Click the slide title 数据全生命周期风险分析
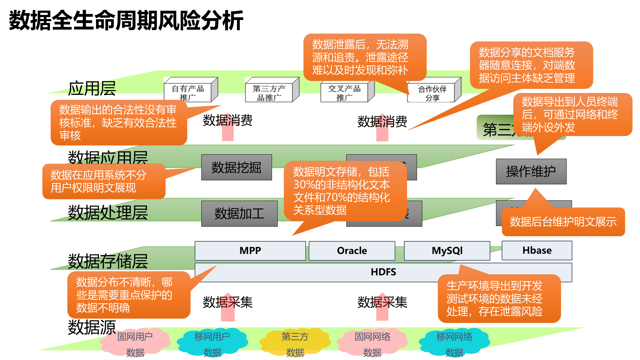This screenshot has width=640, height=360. click(126, 21)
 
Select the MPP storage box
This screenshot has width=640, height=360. click(250, 251)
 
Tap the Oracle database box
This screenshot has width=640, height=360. click(352, 251)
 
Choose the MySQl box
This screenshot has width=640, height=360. click(447, 251)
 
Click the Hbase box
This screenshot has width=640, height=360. click(537, 250)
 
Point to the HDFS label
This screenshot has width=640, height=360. click(383, 272)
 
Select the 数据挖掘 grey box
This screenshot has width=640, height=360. click(236, 167)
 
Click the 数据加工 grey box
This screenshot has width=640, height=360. click(239, 214)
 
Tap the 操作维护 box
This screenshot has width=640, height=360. click(531, 172)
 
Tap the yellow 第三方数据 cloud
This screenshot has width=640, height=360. click(295, 343)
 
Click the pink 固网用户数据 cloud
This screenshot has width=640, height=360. click(135, 343)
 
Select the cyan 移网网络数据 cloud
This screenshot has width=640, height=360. click(454, 343)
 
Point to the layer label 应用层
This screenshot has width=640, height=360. click(92, 89)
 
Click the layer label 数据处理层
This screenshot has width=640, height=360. click(108, 213)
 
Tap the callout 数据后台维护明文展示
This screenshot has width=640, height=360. click(563, 222)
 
